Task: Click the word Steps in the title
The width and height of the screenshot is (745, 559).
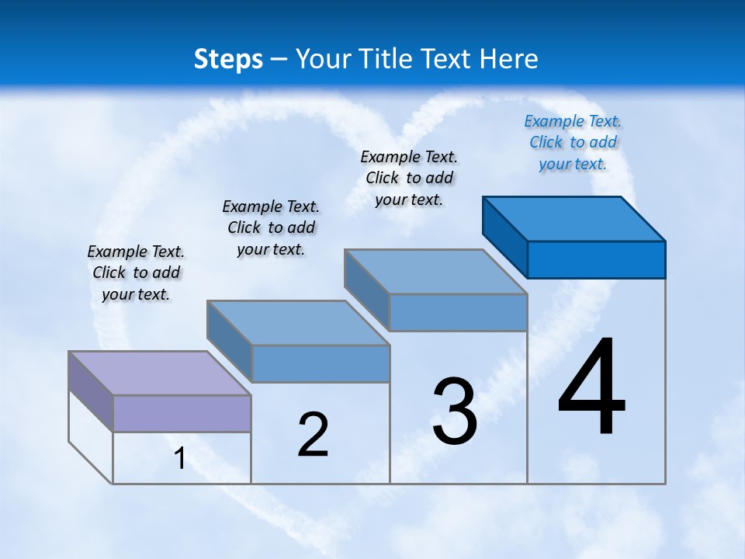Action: click(x=228, y=59)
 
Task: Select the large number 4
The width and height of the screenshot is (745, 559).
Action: click(x=591, y=388)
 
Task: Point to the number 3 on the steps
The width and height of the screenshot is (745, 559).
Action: click(x=455, y=411)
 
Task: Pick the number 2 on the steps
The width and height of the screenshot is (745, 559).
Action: click(x=314, y=435)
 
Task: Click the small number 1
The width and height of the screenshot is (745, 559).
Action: click(x=180, y=459)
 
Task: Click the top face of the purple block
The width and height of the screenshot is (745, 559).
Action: click(x=159, y=373)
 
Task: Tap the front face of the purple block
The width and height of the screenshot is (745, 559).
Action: click(x=182, y=413)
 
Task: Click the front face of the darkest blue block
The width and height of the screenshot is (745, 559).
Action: click(x=596, y=259)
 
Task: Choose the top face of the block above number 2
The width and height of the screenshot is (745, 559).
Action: click(x=298, y=322)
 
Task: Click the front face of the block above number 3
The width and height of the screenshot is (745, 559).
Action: click(x=458, y=312)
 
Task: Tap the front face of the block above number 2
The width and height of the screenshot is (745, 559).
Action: click(x=321, y=363)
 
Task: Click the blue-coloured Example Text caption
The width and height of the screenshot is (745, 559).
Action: click(x=573, y=142)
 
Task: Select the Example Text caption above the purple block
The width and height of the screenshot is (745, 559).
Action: click(x=136, y=273)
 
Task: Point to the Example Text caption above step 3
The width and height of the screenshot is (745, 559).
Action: click(x=409, y=178)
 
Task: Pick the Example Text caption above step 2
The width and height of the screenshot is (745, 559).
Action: click(x=271, y=227)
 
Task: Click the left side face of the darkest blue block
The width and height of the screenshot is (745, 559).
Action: click(x=505, y=236)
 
